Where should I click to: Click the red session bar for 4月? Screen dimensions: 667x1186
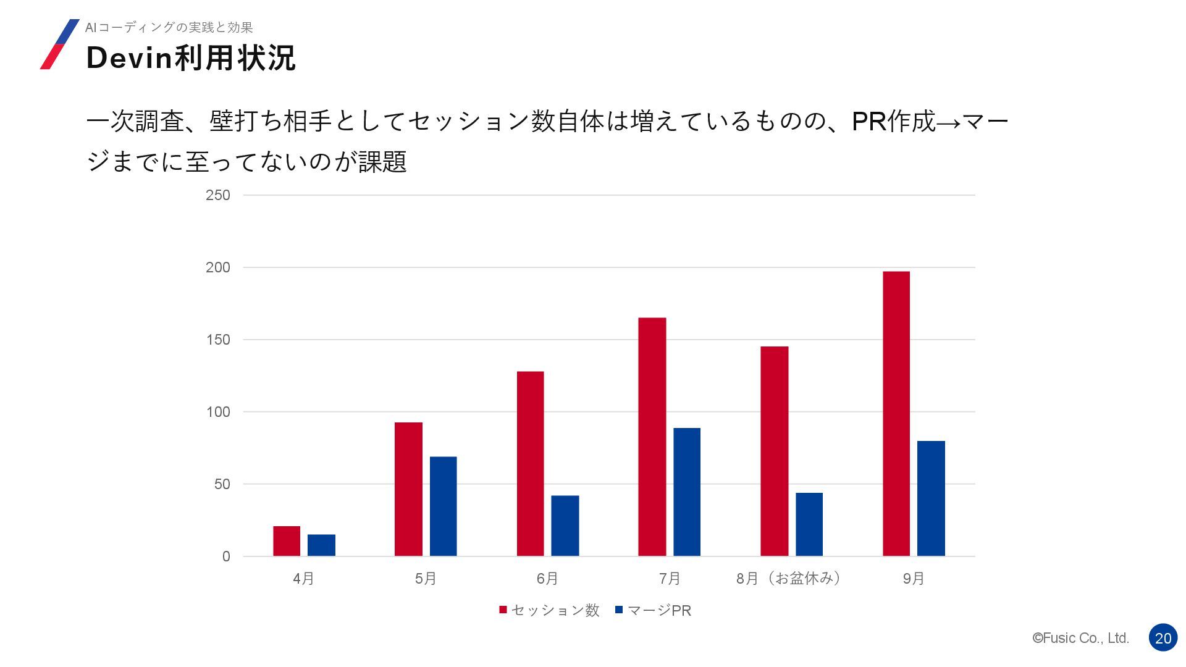287,541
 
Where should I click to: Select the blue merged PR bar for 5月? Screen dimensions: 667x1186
443,506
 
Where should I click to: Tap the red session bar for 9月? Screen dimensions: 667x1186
896,414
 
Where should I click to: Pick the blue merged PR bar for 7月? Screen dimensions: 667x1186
686,492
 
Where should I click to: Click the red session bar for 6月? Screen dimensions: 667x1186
530,463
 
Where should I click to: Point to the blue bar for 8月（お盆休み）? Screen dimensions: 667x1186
809,524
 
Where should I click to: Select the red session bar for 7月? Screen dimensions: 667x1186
652,437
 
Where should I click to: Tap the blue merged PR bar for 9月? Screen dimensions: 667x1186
930,498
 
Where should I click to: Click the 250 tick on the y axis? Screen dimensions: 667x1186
217,195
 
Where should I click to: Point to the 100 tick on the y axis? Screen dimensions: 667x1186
217,412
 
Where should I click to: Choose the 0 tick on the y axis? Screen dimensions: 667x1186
226,556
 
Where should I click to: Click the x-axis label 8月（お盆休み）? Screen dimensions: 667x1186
788,579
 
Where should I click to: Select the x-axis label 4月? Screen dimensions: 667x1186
303,579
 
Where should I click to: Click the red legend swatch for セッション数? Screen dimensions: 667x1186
503,610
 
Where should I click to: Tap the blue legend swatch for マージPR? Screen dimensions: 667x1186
619,610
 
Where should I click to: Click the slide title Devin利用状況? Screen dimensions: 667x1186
191,58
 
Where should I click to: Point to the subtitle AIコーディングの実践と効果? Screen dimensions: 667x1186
169,27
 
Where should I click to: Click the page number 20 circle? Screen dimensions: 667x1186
1163,638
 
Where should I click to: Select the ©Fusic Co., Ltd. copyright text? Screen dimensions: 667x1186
1080,638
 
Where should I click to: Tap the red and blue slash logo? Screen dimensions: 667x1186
59,44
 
